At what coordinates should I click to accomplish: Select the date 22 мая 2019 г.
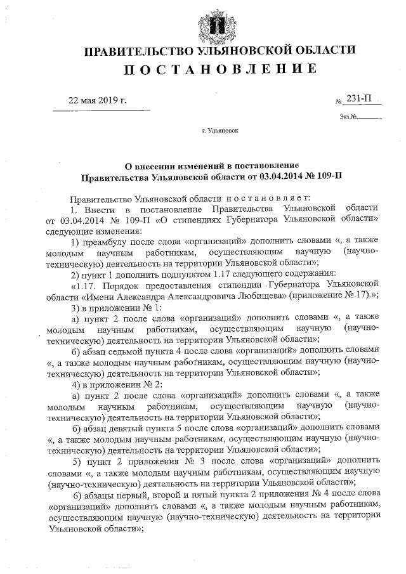(98, 101)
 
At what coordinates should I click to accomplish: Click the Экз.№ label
(350, 117)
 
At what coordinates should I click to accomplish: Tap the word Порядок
(129, 287)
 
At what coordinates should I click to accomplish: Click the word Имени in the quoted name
(99, 298)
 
